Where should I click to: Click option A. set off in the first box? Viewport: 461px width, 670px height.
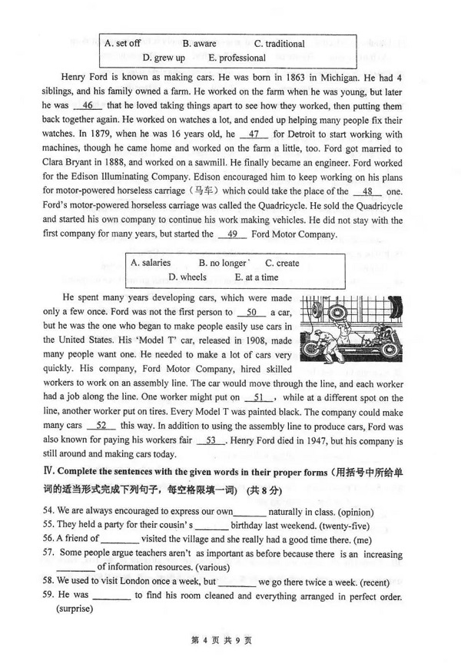click(x=122, y=44)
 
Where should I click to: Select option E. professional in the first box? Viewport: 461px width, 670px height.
click(x=237, y=58)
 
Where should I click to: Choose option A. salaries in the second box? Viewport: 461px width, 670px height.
click(x=151, y=263)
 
